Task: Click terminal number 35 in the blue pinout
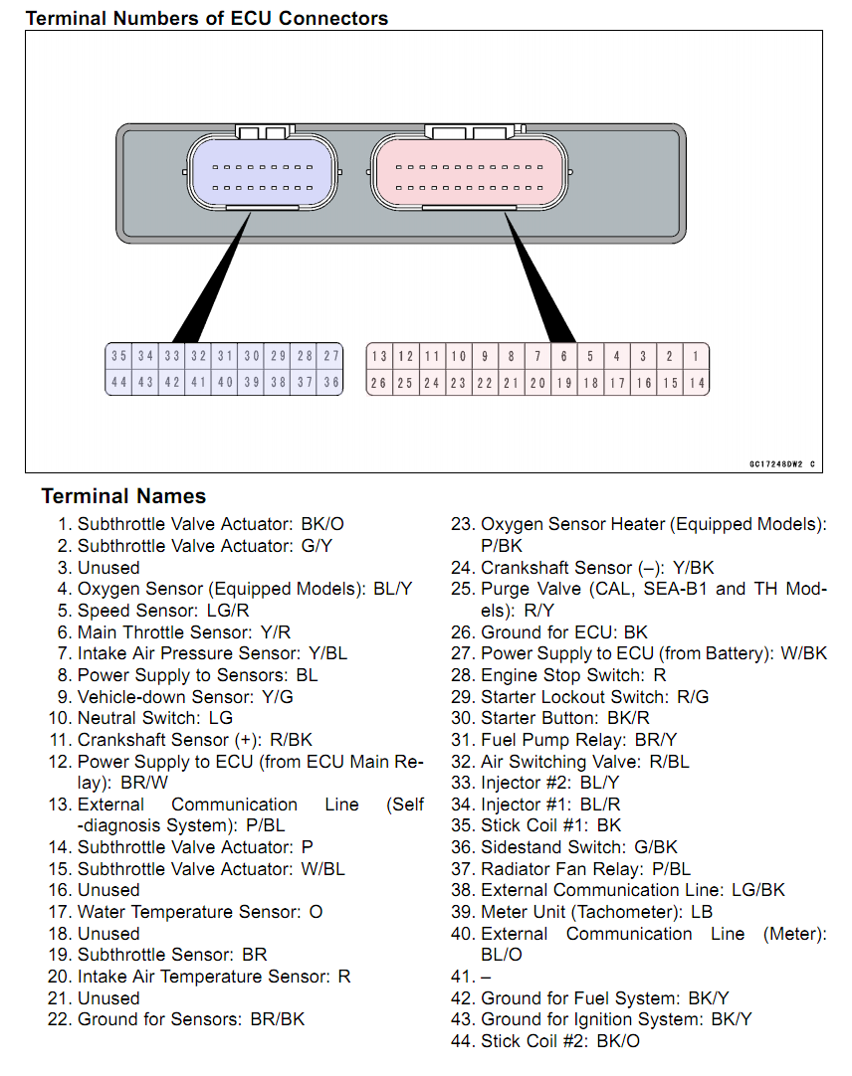(119, 356)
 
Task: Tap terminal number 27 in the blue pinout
(330, 356)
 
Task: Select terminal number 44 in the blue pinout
(119, 382)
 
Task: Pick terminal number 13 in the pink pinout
(379, 356)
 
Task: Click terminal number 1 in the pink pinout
(696, 356)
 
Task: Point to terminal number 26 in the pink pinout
(379, 383)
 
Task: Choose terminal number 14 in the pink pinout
(696, 383)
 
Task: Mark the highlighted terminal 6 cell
(563, 356)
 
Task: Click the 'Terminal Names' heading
(123, 497)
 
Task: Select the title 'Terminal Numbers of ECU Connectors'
(206, 18)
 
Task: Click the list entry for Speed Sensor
(163, 611)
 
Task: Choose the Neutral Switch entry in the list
(154, 718)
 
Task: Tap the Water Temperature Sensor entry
(199, 912)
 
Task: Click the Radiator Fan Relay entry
(584, 869)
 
